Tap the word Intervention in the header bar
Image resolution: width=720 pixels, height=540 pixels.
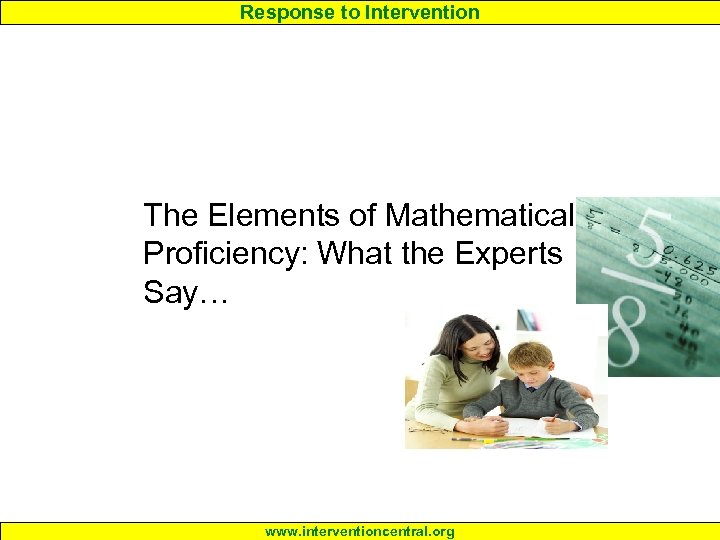click(x=424, y=12)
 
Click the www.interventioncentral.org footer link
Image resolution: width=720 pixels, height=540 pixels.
click(x=360, y=532)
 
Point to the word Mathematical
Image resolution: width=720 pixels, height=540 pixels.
click(x=479, y=215)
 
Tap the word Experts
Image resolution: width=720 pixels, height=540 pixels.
click(x=509, y=254)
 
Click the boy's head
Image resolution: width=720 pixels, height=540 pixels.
click(x=530, y=362)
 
